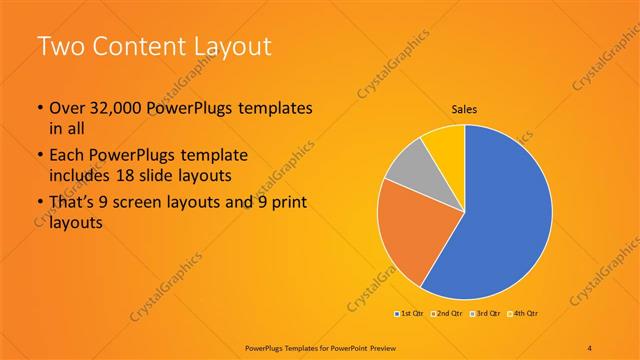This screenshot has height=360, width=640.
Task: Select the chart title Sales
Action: coord(465,108)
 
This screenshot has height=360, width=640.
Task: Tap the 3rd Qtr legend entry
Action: coord(485,314)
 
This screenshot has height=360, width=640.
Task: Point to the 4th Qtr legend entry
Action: coord(522,314)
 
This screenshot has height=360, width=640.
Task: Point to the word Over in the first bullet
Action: coord(67,107)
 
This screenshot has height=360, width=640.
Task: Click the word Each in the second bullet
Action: coord(67,156)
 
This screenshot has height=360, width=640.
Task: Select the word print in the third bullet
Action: coord(285,205)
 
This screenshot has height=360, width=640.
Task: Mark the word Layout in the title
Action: coord(236,46)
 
